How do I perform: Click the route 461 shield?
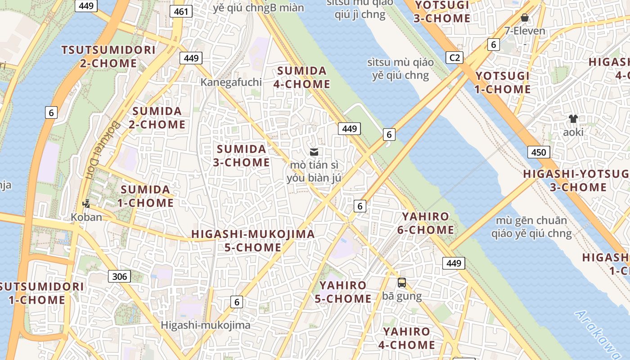(181, 11)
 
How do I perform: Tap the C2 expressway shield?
(454, 58)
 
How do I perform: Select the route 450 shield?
(538, 152)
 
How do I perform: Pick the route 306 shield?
(120, 276)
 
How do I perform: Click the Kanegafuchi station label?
(231, 82)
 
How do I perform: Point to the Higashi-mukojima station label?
(206, 325)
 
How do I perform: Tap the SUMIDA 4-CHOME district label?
(303, 77)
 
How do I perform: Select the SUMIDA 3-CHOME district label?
(242, 156)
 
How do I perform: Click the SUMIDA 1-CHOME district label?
(145, 196)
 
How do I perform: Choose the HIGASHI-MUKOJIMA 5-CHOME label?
(253, 241)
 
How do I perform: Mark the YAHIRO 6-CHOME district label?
(426, 223)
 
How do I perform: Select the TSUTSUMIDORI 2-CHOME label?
(108, 56)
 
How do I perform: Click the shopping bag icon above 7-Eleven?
(524, 18)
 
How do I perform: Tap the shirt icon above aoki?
(573, 119)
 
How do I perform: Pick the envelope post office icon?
(314, 152)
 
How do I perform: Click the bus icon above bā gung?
(402, 283)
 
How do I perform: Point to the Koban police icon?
(86, 204)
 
